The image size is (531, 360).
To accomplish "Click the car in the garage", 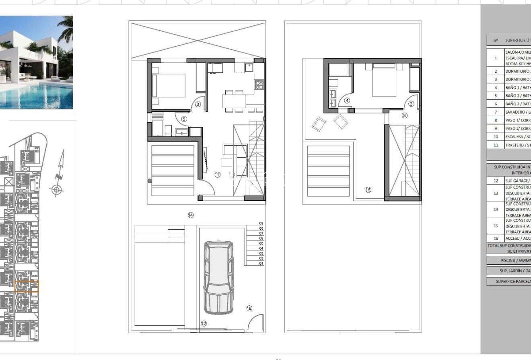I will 218,278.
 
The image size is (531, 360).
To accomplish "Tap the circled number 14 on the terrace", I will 191,215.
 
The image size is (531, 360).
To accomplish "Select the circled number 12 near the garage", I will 204,323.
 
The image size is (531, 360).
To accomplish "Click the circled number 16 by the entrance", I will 249,308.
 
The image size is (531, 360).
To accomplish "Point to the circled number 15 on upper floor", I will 368,190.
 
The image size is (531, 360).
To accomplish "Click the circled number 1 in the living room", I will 218,175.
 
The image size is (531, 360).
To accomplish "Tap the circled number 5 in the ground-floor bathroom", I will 184,119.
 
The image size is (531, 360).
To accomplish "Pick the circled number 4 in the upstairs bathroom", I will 347,101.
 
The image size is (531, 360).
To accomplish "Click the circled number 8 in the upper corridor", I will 404,115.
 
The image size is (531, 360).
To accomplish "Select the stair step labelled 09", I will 261,223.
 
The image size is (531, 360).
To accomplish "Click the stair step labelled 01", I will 261,263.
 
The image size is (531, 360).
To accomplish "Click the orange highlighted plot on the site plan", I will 27,286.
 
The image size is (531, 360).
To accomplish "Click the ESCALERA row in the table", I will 517,137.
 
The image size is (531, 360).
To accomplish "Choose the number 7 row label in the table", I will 496,112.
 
